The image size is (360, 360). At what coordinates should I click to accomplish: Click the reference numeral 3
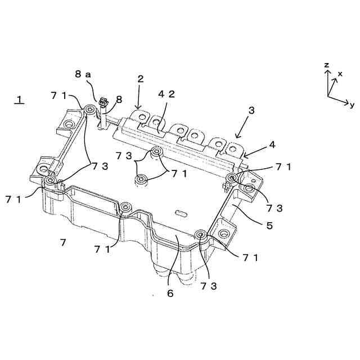[x=251, y=110]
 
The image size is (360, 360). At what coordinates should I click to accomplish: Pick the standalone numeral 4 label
[x=272, y=145]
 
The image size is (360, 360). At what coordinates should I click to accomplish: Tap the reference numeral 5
[x=269, y=226]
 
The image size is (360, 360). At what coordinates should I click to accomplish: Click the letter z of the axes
[x=326, y=65]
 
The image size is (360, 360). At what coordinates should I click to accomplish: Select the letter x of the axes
[x=340, y=74]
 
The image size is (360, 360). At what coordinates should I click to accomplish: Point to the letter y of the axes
[x=352, y=105]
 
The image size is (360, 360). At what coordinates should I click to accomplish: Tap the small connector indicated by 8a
[x=102, y=103]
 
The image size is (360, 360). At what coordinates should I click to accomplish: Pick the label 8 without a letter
[x=119, y=100]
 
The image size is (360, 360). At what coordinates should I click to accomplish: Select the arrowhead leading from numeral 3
[x=236, y=137]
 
